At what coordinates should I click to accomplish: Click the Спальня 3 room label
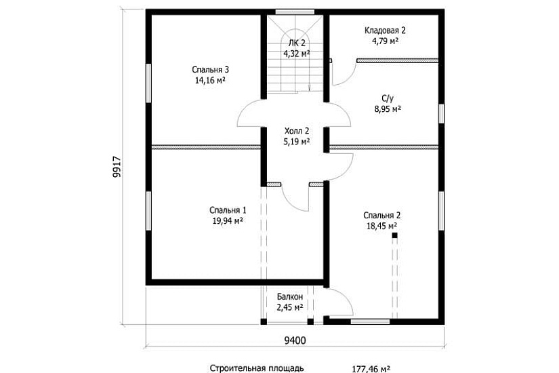(210, 70)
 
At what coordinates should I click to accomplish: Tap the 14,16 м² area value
(210, 80)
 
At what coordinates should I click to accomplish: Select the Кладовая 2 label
(385, 31)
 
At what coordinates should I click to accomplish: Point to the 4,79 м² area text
(385, 41)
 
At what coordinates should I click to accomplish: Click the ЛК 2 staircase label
(297, 43)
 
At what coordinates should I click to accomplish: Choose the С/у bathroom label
(388, 98)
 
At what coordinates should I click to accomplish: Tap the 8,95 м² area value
(388, 109)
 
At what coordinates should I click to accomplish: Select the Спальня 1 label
(228, 210)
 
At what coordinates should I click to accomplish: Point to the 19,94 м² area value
(228, 221)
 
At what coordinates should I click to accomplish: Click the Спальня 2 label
(382, 215)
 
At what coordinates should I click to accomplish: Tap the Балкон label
(290, 296)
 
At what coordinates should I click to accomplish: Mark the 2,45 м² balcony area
(290, 307)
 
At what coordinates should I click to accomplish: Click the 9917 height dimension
(117, 167)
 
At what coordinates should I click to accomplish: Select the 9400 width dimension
(295, 340)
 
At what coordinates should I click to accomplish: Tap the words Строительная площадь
(257, 368)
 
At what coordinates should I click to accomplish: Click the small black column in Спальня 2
(394, 235)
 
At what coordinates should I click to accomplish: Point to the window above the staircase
(295, 12)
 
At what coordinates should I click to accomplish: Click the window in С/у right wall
(441, 113)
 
